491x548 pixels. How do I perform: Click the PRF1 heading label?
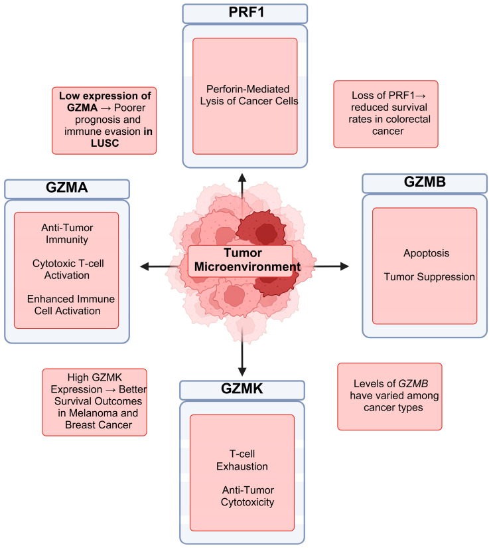click(x=245, y=13)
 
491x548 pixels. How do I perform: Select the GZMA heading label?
click(x=66, y=188)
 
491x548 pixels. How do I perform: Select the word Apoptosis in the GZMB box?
click(x=425, y=253)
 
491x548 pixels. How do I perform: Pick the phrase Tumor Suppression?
click(x=429, y=276)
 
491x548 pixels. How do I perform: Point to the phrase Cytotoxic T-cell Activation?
click(x=66, y=270)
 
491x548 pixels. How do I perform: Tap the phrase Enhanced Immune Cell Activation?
click(x=66, y=305)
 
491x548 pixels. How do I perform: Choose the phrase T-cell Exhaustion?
click(x=242, y=458)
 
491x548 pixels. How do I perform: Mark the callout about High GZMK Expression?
click(x=94, y=402)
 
